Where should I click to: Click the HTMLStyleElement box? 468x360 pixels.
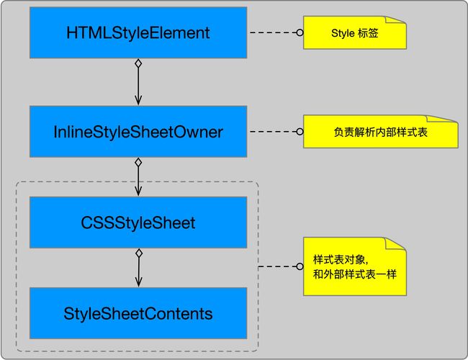coord(138,32)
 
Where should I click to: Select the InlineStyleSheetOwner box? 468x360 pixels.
coord(138,132)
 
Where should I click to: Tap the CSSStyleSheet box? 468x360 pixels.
coord(138,222)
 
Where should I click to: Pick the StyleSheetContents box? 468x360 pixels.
coord(138,313)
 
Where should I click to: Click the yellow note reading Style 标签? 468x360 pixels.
coord(354,33)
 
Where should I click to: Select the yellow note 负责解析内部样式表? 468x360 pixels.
coord(380,132)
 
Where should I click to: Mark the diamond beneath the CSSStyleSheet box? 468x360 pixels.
coord(138,253)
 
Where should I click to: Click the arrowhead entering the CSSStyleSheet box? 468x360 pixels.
coord(138,192)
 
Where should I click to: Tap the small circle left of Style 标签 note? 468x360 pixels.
coord(300,33)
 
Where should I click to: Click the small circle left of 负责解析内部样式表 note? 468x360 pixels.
coord(300,132)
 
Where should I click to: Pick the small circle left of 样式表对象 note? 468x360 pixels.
coord(300,267)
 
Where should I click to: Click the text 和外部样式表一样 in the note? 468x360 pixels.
coord(354,275)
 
